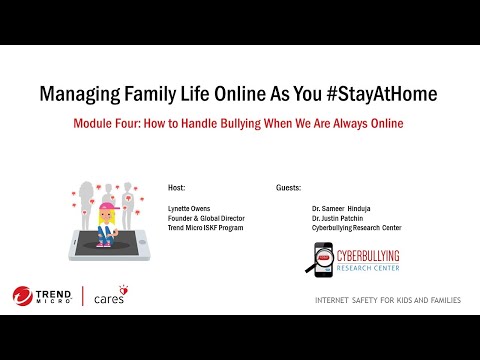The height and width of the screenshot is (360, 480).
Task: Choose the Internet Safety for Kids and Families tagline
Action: (x=387, y=300)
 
